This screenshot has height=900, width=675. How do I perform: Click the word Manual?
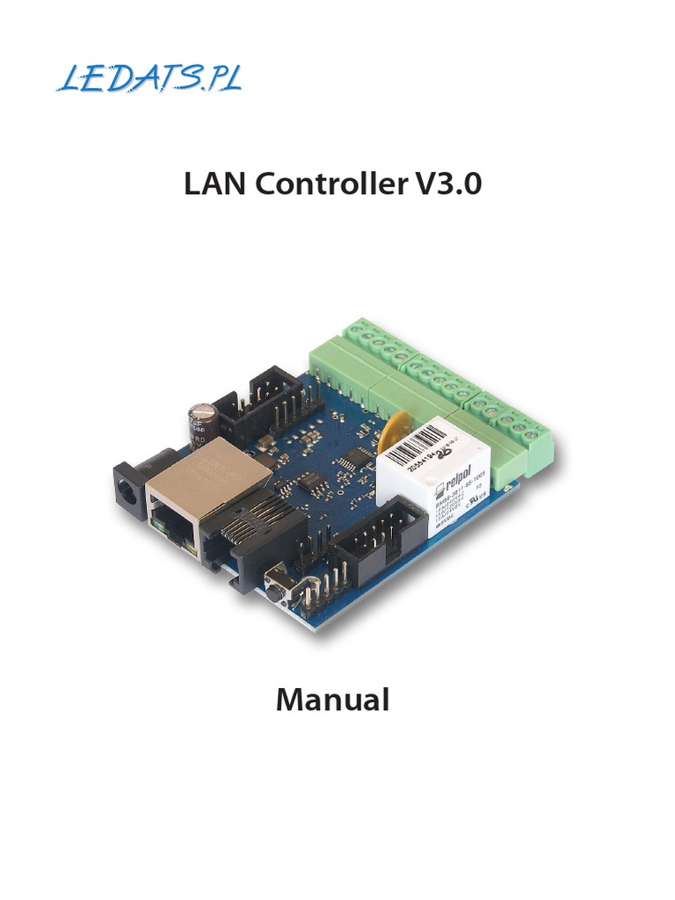332,700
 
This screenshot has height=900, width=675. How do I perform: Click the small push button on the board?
279,583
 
